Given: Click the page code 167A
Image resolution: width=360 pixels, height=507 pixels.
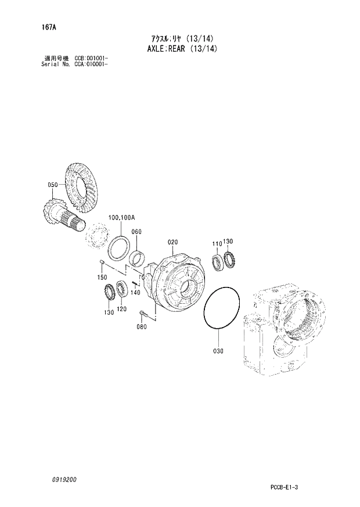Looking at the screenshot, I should point(34,27).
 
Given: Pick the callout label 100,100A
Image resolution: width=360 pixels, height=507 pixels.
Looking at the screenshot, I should point(121,217).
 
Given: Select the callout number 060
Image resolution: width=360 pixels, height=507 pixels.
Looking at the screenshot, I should point(136,232).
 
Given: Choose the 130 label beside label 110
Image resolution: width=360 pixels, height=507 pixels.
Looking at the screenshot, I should point(228,243).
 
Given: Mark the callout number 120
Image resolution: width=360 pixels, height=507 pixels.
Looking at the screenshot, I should point(121,308).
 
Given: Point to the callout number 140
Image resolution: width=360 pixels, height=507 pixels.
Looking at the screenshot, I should point(136,292).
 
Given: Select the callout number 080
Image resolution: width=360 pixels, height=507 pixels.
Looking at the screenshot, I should point(141,327).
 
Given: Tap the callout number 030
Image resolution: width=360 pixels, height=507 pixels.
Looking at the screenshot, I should point(218,351).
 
